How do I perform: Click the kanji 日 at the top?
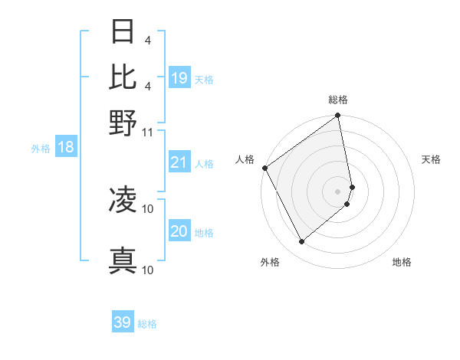click(x=123, y=31)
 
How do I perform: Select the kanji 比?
click(x=123, y=77)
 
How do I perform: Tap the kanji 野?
click(x=123, y=123)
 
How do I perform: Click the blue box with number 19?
click(x=179, y=78)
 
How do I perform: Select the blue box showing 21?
click(x=179, y=162)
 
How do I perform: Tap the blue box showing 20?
click(x=179, y=231)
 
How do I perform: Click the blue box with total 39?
click(x=123, y=322)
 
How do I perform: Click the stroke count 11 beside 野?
click(x=148, y=132)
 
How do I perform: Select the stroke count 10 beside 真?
click(x=148, y=270)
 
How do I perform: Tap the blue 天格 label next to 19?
click(x=204, y=80)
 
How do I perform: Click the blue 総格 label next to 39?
click(x=147, y=324)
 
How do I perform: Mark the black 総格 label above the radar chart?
click(x=338, y=100)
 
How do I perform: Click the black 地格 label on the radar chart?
click(x=402, y=262)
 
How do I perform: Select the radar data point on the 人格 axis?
click(x=264, y=168)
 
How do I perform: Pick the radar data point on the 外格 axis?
click(x=301, y=242)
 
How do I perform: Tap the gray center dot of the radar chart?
click(x=338, y=190)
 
